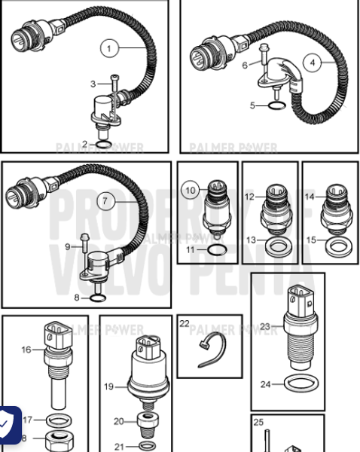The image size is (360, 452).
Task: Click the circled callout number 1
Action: (109, 49)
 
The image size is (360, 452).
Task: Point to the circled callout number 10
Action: (191, 191)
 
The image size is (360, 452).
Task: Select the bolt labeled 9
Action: (86, 246)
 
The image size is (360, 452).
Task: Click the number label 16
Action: (26, 349)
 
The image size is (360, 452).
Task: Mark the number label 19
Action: (108, 386)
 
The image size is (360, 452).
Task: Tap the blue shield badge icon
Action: (8, 426)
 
